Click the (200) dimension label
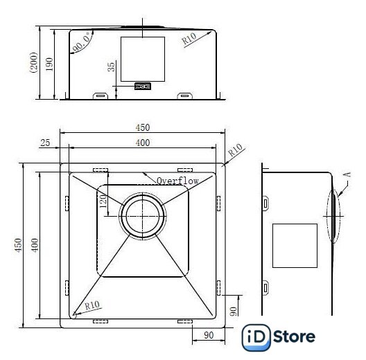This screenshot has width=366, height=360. point(34,62)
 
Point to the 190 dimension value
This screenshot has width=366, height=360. point(49,64)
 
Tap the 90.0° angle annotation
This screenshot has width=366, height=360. point(82,42)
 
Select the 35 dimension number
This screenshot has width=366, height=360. point(112,66)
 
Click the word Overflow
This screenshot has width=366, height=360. point(177,181)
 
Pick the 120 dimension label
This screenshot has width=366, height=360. point(103,201)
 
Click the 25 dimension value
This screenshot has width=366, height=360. point(45,143)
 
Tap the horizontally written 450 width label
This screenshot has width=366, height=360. point(143,127)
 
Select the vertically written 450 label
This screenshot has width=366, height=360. point(18,245)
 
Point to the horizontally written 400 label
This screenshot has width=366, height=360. point(143,143)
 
